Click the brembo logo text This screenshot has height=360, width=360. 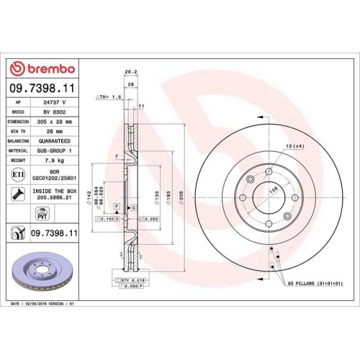coord(49,68)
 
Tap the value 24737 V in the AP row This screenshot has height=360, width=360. coord(55,102)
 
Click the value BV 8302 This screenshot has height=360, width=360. coord(55,112)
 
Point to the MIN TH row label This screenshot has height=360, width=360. coord(18,132)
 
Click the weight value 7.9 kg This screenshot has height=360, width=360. coord(55,161)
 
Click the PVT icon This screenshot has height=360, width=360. coord(42,213)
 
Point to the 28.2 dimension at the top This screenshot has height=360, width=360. coord(130,72)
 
